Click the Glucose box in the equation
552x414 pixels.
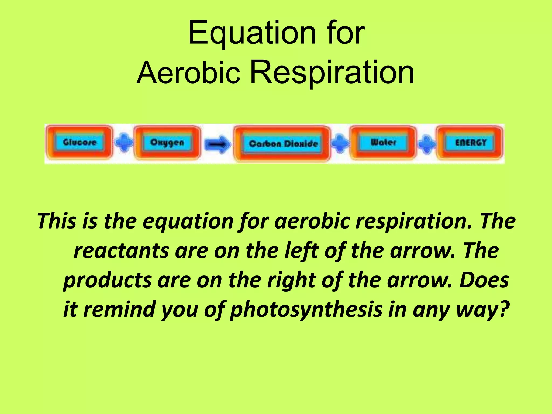79,142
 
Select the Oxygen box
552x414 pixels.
167,142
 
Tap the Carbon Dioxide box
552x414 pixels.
282,144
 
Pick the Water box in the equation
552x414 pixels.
383,142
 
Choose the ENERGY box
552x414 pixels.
470,143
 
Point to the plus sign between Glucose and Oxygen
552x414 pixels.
124,142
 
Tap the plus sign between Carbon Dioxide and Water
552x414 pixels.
340,143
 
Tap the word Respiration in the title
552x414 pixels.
332,72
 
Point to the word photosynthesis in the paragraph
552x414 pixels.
306,309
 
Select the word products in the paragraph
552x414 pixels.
107,280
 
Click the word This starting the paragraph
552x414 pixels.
57,221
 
